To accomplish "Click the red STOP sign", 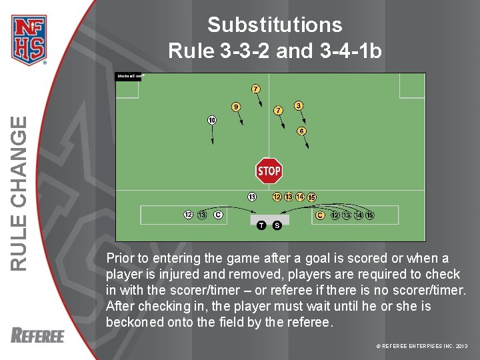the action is point(269,171).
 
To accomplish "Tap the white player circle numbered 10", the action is point(211,120).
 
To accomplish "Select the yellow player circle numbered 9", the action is point(236,106).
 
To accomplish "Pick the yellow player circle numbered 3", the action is point(299,105).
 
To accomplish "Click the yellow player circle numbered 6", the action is point(301,131).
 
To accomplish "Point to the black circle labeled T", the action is point(261,225).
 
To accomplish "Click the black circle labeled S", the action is point(277,225).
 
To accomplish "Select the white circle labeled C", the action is point(218,215).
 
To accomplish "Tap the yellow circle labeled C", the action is point(320,215).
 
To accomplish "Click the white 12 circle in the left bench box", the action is point(189,215).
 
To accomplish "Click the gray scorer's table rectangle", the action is point(269,219).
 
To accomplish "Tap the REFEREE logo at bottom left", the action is point(37,335).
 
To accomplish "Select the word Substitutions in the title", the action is point(275,25).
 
